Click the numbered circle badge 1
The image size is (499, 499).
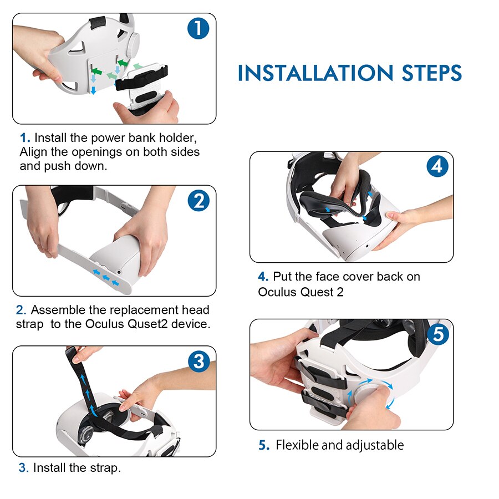(x=198, y=29)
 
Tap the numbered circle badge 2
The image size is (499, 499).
(x=198, y=201)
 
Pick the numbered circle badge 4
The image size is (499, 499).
(x=437, y=166)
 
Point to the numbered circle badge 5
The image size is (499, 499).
(x=437, y=334)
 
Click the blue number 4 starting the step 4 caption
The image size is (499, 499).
(x=262, y=277)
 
